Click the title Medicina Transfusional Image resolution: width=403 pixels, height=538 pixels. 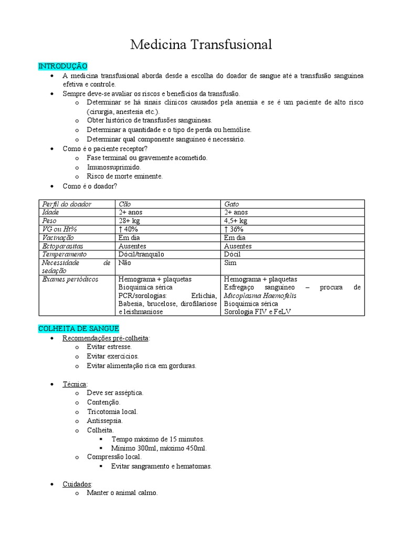click(201, 45)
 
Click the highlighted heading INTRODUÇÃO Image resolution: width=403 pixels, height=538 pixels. click(62, 66)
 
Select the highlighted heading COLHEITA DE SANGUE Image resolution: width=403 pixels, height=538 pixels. click(78, 328)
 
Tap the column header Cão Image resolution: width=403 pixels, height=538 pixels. click(125, 204)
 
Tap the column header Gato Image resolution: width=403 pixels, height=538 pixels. click(231, 204)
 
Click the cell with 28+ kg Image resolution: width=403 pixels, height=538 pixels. click(130, 221)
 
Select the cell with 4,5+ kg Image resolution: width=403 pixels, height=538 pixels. click(236, 221)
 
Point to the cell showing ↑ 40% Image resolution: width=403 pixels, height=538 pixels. click(129, 229)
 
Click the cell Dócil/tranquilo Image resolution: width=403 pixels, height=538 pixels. click(141, 254)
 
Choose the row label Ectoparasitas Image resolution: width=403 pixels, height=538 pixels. click(62, 246)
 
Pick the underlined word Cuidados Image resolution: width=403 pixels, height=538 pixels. click(77, 483)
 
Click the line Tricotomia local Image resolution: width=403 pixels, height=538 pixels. click(112, 411)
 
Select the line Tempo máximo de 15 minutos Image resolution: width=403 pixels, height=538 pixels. click(158, 439)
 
